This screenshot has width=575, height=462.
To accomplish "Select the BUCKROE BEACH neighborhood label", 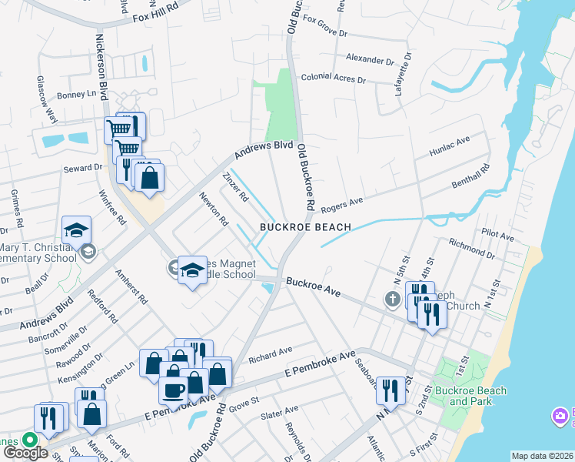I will click(304, 227).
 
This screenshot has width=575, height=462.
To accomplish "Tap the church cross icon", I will click(393, 299).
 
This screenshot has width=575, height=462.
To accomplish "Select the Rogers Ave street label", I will click(341, 205).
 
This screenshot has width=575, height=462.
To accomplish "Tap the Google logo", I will click(25, 453).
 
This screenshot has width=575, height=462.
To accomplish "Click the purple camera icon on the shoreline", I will click(560, 417).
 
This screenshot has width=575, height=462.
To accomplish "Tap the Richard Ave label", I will click(271, 353).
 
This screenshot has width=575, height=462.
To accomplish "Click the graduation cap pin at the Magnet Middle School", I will click(192, 270).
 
